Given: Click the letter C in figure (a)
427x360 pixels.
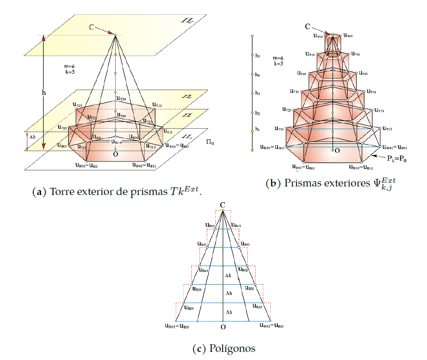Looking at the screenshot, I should pos(91,27).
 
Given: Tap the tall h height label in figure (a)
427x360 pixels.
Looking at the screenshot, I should pos(43,92).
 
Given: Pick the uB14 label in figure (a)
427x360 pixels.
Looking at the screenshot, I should pos(116,143).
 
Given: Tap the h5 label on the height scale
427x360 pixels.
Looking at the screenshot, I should pos(258,56).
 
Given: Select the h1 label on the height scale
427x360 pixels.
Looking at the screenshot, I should pos(258,129).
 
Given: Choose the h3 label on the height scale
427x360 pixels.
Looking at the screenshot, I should pos(258,93).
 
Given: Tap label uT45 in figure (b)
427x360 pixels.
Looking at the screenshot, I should pos(302,73).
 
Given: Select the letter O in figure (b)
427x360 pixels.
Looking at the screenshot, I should pos(337,151).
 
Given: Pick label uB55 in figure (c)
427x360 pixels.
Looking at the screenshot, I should pos(203,245).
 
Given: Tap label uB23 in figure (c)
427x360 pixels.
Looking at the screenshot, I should pos(257,307).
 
